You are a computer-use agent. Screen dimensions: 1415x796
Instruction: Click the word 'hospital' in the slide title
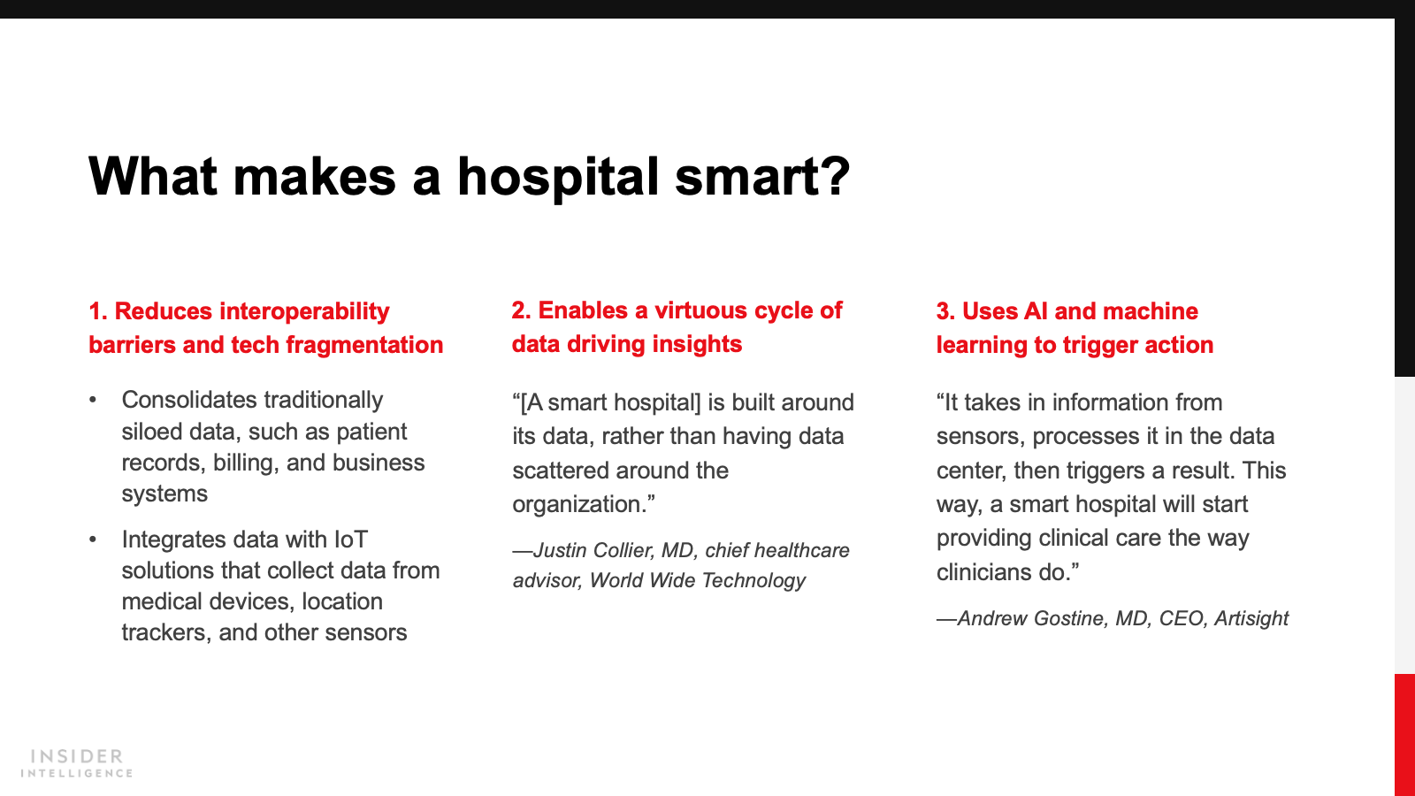coord(558,178)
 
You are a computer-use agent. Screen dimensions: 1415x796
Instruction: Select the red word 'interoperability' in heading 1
coord(304,311)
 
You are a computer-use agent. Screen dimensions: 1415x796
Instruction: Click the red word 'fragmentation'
coord(364,345)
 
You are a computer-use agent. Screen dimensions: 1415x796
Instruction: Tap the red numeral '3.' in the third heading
coord(945,311)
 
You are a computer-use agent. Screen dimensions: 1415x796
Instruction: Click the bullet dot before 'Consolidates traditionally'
coord(93,400)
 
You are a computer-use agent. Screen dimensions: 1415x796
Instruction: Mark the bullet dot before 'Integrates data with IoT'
coord(93,540)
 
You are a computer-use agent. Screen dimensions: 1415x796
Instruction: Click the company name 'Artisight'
coord(1251,618)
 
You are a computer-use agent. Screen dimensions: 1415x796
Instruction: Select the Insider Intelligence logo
coord(76,763)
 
